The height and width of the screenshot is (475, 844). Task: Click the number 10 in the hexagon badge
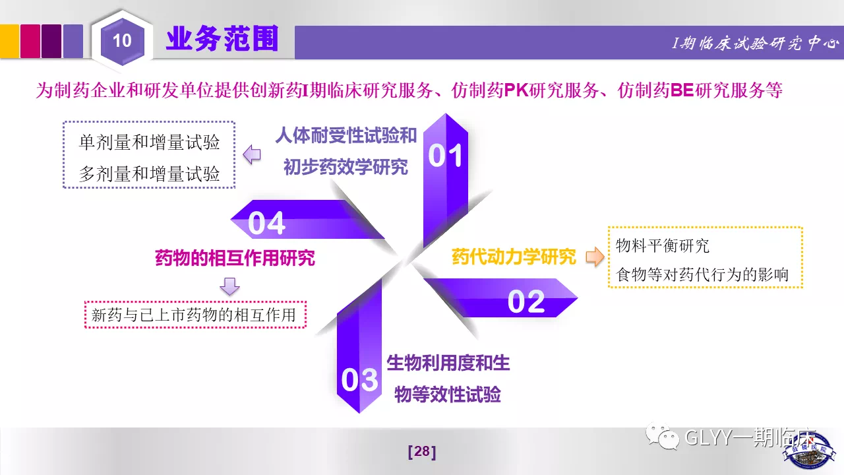point(122,40)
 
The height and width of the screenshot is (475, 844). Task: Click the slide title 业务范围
point(222,38)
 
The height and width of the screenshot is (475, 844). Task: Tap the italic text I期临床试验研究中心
point(756,44)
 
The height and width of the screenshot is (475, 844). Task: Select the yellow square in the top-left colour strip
point(9,41)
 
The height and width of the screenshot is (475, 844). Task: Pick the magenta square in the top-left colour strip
point(30,41)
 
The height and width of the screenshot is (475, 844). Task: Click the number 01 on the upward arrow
point(445,155)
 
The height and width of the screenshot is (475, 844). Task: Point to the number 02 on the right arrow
point(526,301)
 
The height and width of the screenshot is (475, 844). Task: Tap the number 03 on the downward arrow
point(359,379)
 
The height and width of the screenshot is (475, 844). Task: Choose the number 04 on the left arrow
point(266,223)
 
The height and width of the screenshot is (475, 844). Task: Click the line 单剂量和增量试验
point(149,142)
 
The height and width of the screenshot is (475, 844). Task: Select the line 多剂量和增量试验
point(149,174)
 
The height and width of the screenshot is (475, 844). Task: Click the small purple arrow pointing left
point(252,154)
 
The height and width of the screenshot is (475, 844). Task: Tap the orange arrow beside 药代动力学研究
point(595,257)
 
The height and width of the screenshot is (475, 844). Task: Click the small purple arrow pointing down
point(230,286)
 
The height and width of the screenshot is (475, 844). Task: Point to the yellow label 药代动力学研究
point(514,257)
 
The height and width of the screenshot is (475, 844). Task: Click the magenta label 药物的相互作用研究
point(235,258)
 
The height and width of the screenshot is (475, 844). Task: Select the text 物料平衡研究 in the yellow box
point(663,246)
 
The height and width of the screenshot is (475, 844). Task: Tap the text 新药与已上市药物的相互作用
point(194,315)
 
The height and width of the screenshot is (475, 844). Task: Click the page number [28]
point(422,452)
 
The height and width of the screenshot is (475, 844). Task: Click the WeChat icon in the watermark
point(663,437)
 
